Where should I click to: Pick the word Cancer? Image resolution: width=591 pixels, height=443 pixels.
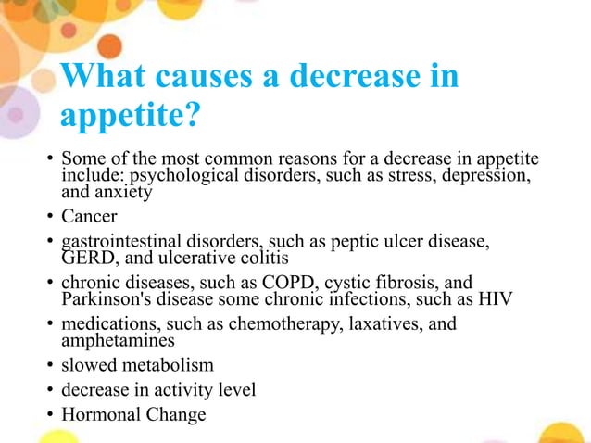pos(90,219)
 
